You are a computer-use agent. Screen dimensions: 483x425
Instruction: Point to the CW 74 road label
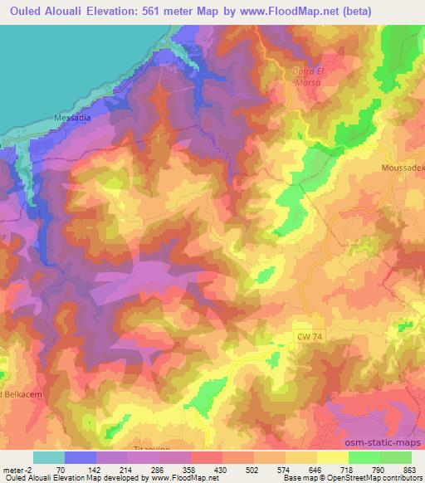click(x=310, y=334)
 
